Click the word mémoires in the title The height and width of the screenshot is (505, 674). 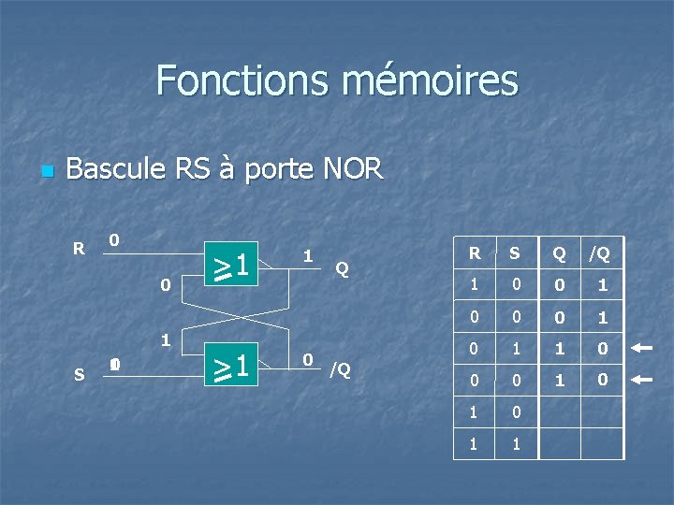point(431,80)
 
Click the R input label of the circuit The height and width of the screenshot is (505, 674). point(80,249)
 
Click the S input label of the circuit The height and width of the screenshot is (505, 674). point(79,375)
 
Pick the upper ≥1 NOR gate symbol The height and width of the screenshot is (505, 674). point(233,266)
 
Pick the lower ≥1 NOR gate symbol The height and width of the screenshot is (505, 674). point(233,366)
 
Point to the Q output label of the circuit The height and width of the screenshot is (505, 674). point(343,268)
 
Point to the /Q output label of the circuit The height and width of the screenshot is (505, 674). point(339,369)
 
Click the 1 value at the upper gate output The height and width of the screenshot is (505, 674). point(307,254)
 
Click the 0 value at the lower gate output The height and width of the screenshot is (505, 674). point(307,359)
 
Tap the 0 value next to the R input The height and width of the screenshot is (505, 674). point(113,240)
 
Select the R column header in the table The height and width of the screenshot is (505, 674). point(475,252)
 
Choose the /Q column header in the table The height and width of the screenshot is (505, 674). point(599,252)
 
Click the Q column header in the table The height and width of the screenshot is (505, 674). point(559,252)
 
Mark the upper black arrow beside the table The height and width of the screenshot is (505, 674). point(641,348)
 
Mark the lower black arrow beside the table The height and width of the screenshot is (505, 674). point(641,380)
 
